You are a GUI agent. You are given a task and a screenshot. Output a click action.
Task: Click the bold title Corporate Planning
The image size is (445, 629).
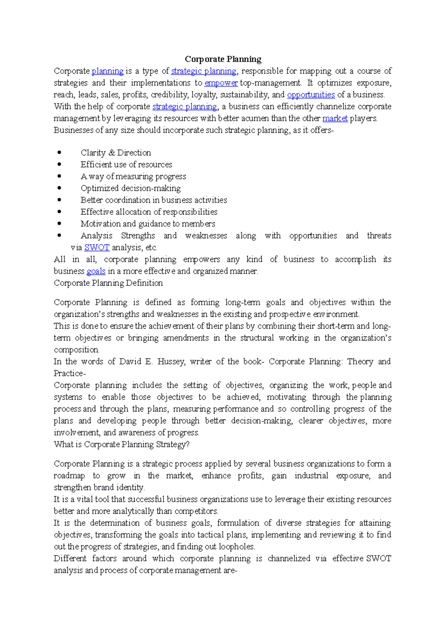[223, 59]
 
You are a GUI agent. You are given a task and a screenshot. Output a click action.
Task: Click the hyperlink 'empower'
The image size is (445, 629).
[221, 83]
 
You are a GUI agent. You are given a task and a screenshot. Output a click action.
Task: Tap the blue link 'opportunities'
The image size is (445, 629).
[311, 95]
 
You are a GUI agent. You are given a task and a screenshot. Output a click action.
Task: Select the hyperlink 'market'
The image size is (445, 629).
[335, 119]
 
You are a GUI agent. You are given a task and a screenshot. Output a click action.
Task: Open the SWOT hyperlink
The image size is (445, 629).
[96, 247]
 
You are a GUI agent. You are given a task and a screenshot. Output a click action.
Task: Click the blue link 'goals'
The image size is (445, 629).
[96, 271]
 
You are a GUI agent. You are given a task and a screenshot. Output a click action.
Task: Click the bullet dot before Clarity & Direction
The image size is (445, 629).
[59, 153]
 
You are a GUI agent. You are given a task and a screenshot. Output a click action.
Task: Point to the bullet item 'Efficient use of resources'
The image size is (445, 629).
[126, 164]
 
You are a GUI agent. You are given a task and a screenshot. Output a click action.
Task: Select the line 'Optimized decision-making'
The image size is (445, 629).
[131, 188]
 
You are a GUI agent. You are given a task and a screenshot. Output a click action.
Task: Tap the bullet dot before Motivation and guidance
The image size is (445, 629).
[59, 224]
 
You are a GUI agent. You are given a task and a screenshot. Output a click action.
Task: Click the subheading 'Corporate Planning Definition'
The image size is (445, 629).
[108, 283]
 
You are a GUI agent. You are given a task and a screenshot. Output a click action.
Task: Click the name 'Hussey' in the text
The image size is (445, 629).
[171, 362]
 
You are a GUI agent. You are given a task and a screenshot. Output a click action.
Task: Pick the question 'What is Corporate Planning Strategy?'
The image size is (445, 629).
[122, 445]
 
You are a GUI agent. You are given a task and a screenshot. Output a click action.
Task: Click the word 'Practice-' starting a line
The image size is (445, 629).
[69, 373]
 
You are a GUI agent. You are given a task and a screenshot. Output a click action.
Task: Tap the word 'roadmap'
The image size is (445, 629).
[69, 476]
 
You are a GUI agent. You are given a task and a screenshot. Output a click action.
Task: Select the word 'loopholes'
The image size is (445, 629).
[236, 547]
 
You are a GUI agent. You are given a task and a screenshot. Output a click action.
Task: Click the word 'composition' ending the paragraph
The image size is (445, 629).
[76, 350]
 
